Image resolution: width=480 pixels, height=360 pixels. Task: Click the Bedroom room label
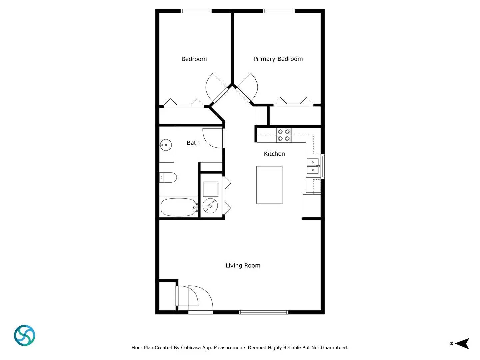click(194, 59)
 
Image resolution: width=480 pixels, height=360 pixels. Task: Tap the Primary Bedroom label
click(278, 59)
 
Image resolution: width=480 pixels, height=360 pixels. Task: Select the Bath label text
click(193, 143)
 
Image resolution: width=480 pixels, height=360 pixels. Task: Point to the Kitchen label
click(274, 154)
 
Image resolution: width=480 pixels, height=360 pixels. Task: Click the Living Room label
click(243, 266)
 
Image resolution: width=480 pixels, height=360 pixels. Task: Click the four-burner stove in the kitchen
click(284, 135)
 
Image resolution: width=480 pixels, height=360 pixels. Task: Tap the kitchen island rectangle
click(269, 185)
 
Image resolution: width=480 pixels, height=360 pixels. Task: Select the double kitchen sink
click(313, 166)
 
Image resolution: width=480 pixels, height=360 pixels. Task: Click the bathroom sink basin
click(166, 145)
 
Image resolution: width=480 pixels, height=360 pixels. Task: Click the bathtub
click(178, 207)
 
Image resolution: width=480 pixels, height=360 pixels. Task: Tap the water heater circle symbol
click(210, 206)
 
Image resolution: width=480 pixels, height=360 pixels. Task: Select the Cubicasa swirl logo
click(25, 335)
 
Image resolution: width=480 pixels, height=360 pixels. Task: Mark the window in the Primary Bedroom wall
click(279, 11)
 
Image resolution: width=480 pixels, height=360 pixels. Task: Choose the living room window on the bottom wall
click(263, 312)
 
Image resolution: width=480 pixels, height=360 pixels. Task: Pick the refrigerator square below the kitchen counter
click(312, 206)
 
